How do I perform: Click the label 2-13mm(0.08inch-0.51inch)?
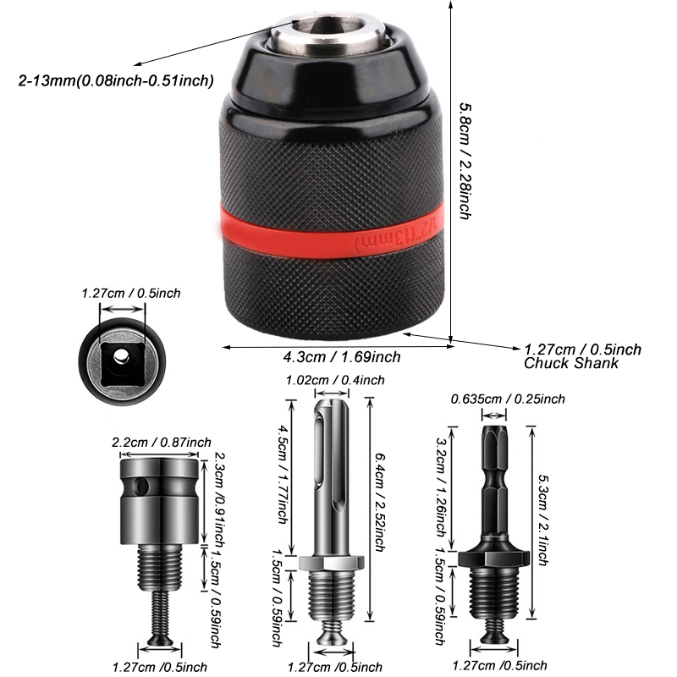pos(115,80)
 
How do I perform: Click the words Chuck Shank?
pos(570,363)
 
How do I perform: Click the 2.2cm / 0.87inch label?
pos(161,443)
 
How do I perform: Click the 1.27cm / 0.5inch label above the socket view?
pos(130,294)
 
